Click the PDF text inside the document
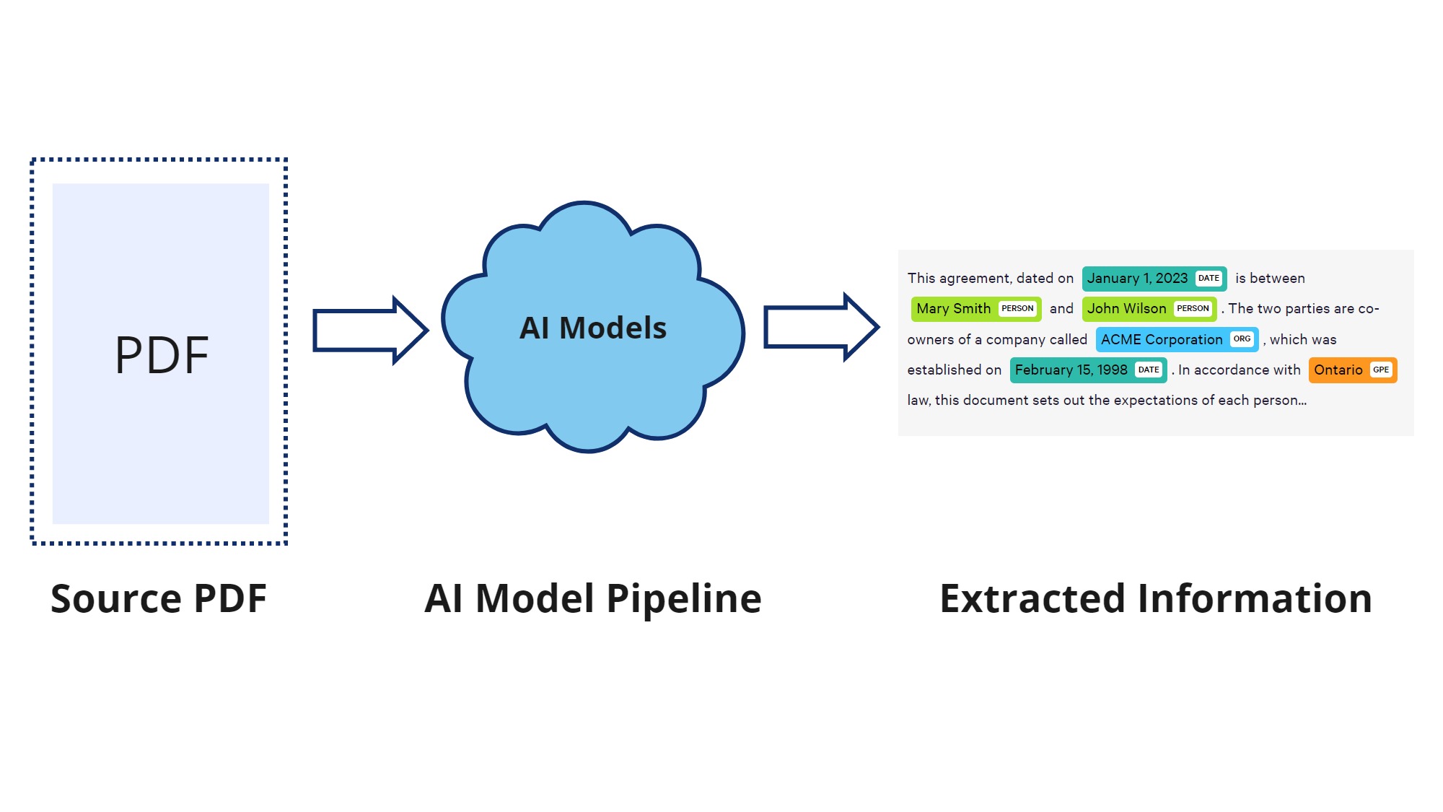click(x=162, y=355)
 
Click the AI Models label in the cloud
click(x=592, y=328)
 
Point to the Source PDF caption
click(x=159, y=598)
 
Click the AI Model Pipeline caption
click(x=592, y=598)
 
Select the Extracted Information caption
click(x=1155, y=598)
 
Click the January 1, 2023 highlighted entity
click(x=1137, y=279)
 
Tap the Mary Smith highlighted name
click(x=953, y=309)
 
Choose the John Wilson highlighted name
click(x=1126, y=309)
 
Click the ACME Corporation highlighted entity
click(x=1161, y=340)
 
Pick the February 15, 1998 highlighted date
click(x=1071, y=370)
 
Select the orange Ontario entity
click(x=1338, y=370)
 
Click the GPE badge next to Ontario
click(x=1381, y=370)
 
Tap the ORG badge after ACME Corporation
click(x=1242, y=339)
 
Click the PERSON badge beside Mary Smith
click(x=1017, y=309)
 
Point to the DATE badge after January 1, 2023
click(x=1209, y=279)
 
